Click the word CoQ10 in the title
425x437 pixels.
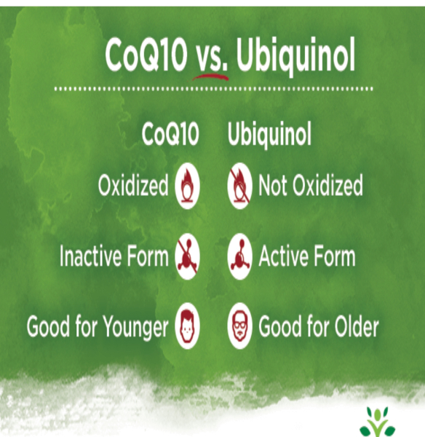[x=146, y=55]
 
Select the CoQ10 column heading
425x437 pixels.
[x=170, y=135]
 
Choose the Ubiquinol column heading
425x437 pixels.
[x=270, y=135]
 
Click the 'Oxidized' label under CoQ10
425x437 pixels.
[x=132, y=186]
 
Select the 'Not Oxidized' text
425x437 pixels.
[x=311, y=186]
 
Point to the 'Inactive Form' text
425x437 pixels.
[x=114, y=256]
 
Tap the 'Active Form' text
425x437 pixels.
[x=307, y=256]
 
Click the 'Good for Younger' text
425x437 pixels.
[x=97, y=326]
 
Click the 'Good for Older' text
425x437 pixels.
[x=319, y=326]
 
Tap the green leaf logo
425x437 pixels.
[x=377, y=420]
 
